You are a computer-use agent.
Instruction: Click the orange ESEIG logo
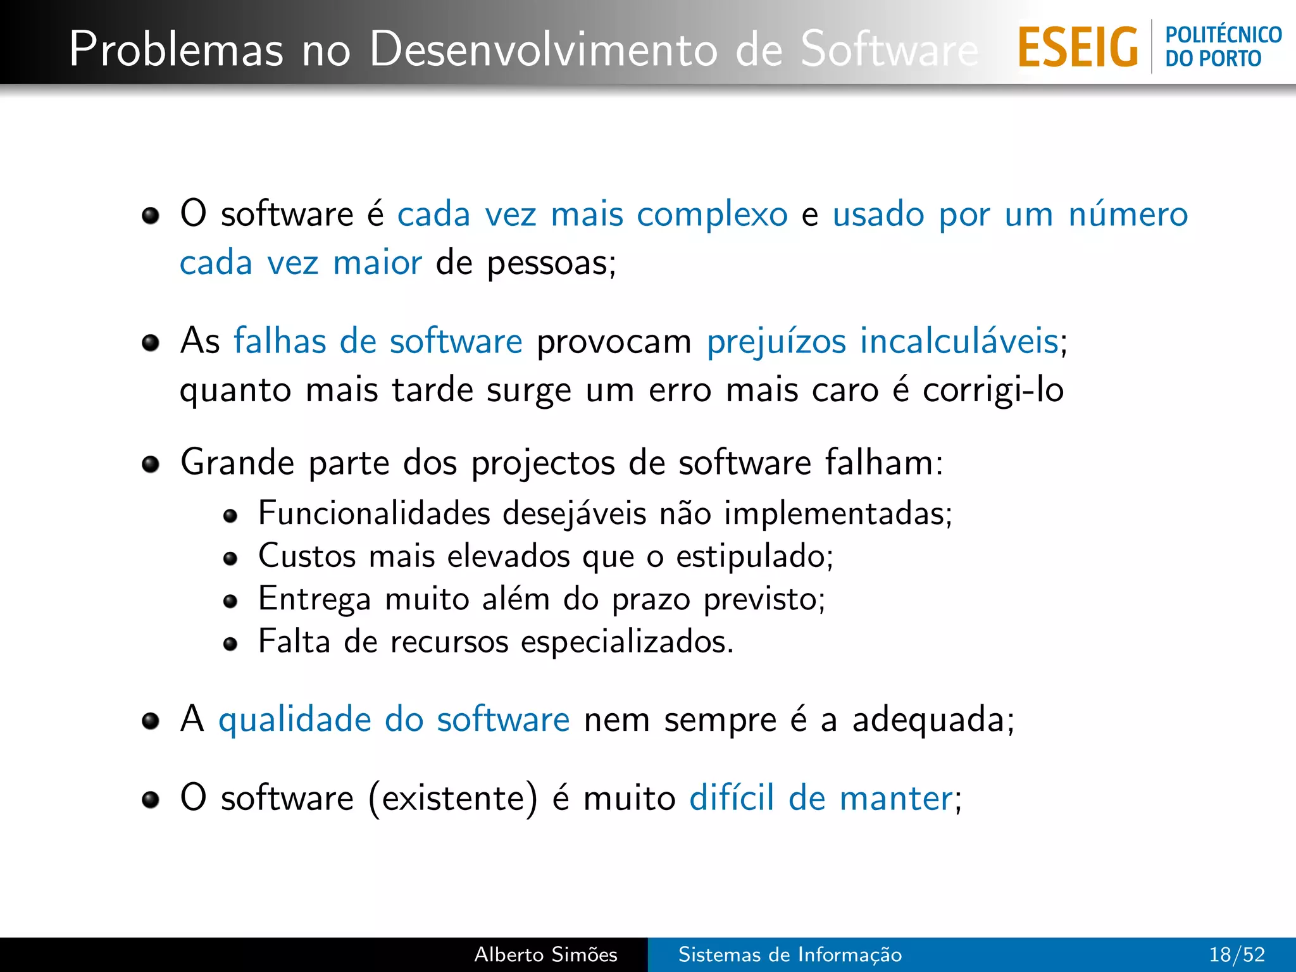(x=1078, y=47)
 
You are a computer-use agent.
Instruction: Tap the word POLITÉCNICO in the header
(x=1223, y=35)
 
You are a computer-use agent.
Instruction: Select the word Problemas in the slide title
(x=176, y=49)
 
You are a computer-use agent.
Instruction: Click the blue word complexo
(x=712, y=215)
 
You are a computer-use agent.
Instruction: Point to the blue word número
(x=1128, y=215)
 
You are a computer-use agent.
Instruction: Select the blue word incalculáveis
(x=959, y=342)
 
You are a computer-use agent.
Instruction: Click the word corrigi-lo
(x=992, y=390)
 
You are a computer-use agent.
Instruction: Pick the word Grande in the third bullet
(x=237, y=463)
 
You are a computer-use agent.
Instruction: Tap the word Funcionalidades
(x=373, y=513)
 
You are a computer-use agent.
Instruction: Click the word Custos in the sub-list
(x=307, y=556)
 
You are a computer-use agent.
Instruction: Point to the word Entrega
(x=315, y=599)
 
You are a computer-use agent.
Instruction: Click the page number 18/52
(x=1237, y=954)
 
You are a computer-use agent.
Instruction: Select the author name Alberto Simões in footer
(x=545, y=954)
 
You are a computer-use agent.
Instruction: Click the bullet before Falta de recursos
(x=230, y=644)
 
